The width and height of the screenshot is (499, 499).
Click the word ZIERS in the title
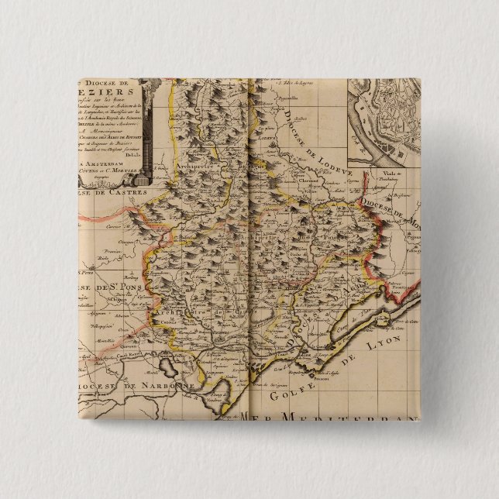(x=116, y=88)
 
